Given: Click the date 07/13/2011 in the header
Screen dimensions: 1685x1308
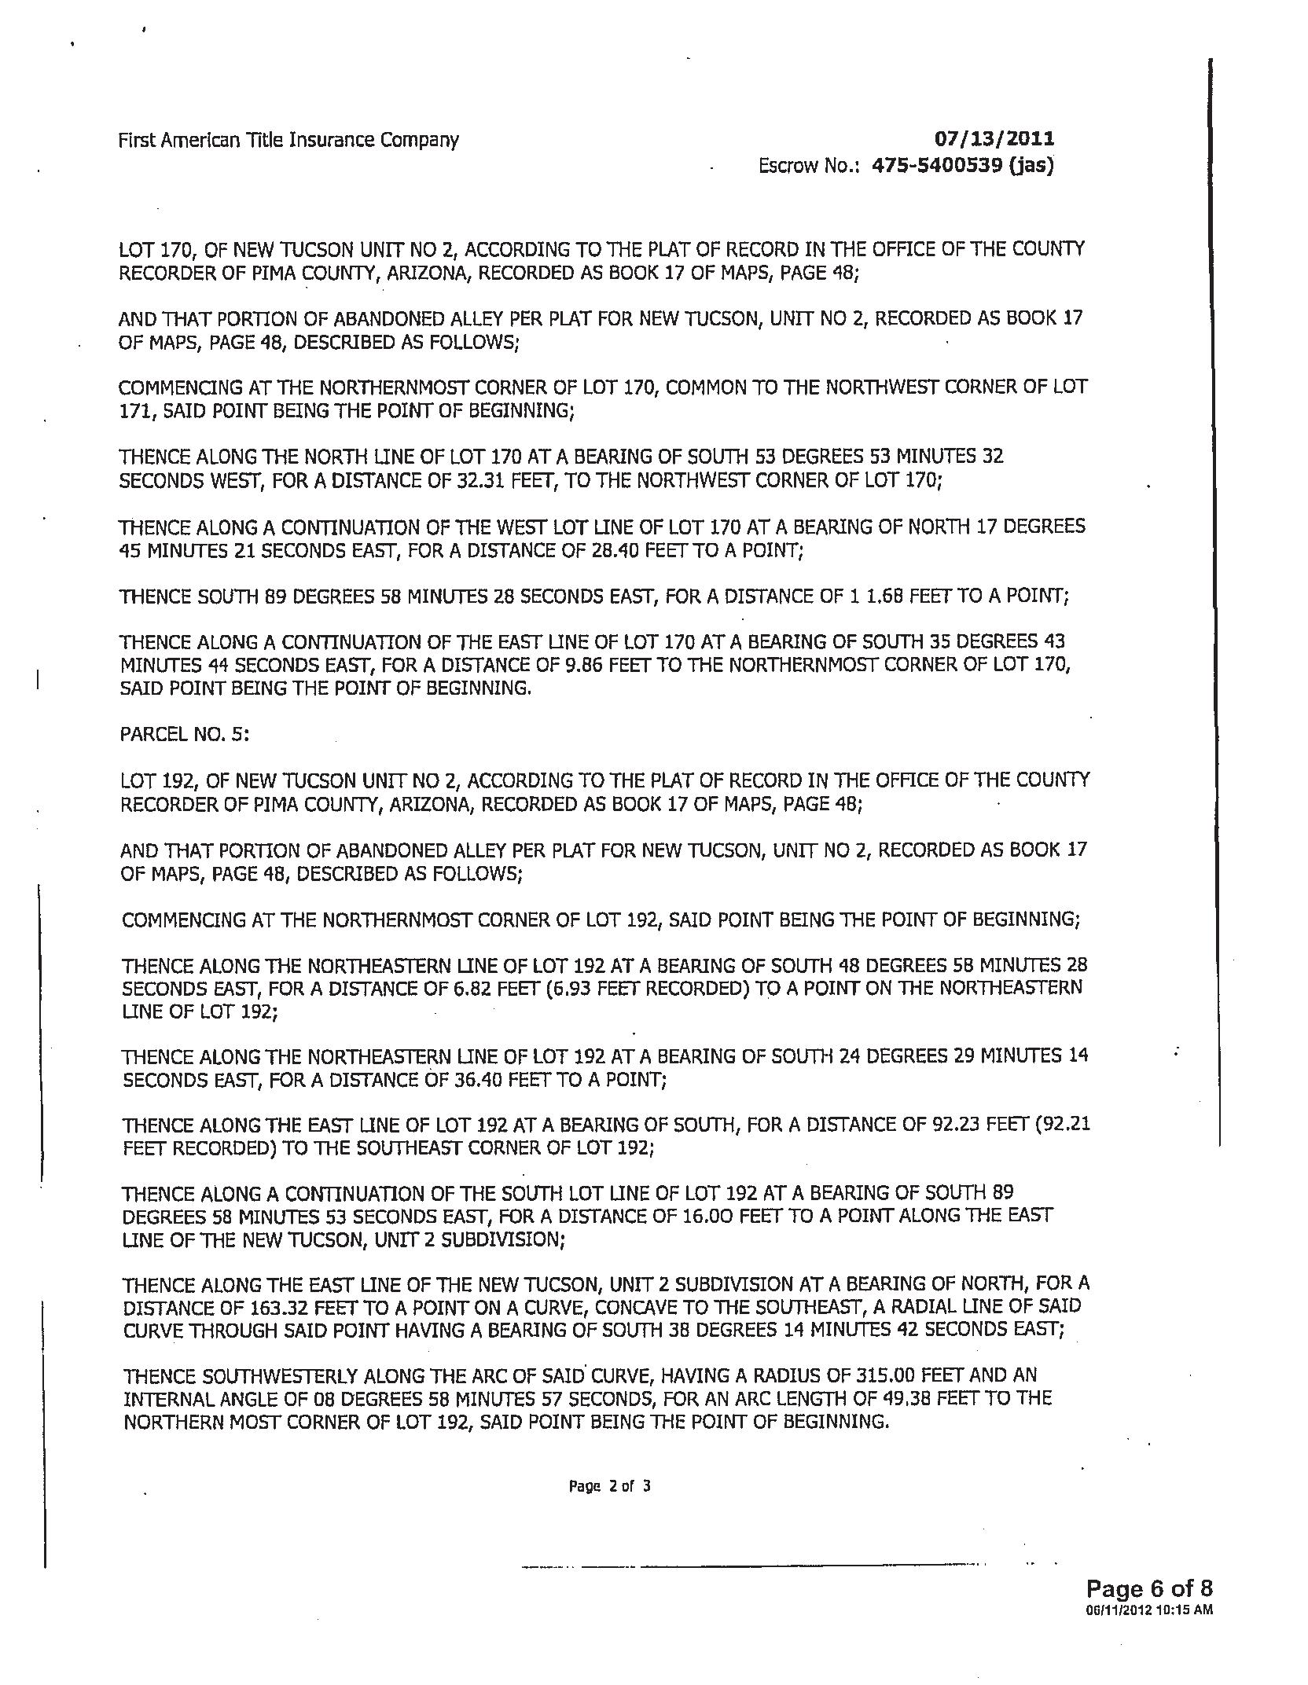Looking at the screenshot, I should point(994,139).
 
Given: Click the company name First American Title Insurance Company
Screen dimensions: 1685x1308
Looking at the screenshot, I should point(288,141).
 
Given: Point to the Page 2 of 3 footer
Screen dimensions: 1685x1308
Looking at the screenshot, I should point(610,1486).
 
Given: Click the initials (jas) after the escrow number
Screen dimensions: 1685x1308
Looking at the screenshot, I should point(1026,166).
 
